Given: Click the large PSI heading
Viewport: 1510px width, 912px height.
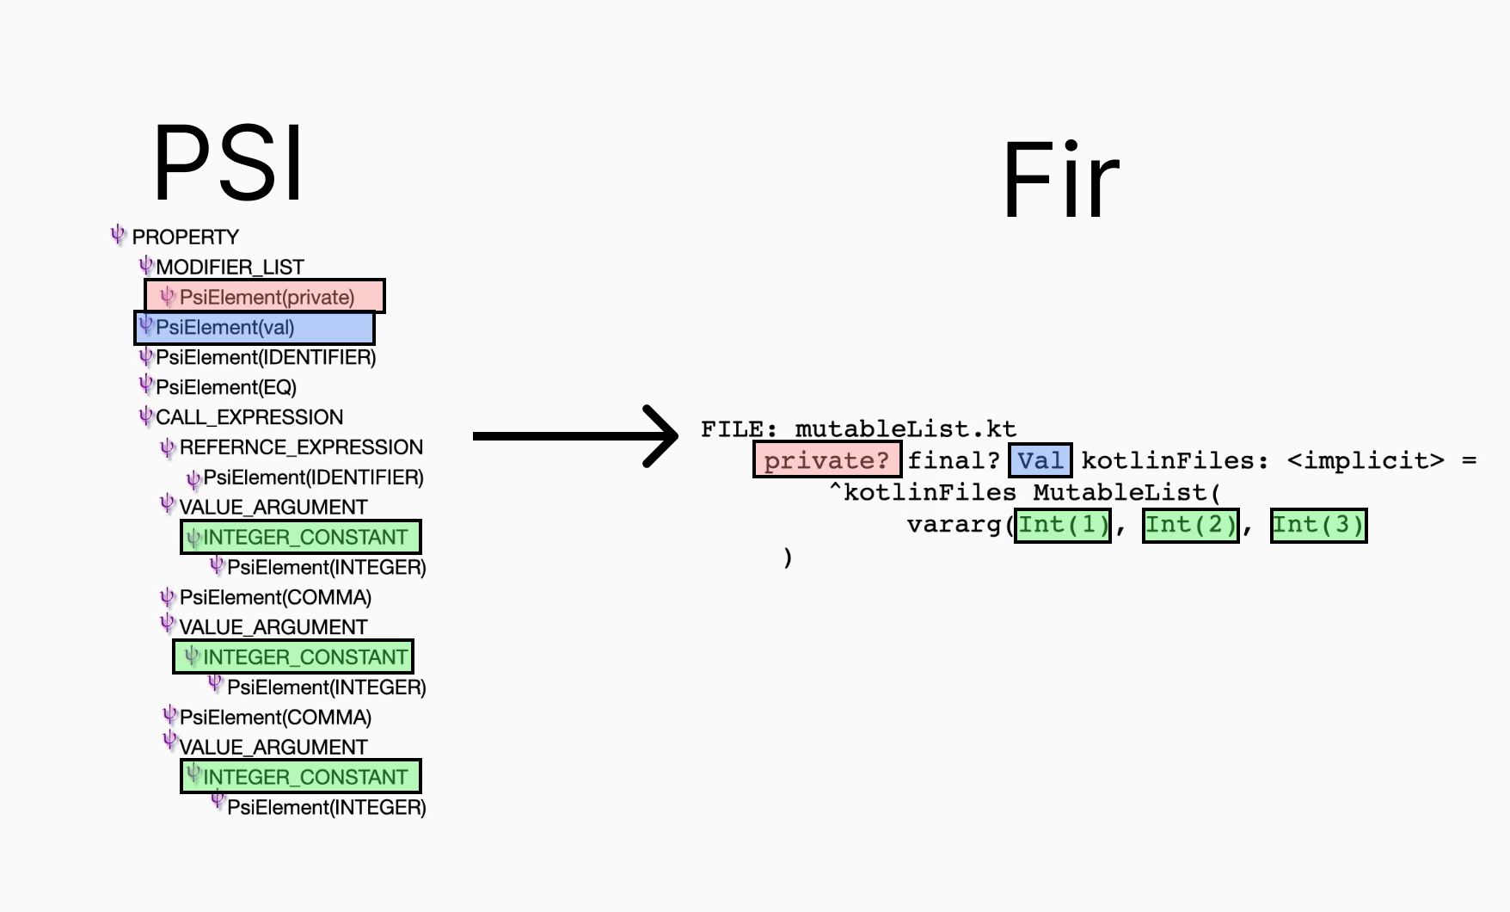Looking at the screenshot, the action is (228, 163).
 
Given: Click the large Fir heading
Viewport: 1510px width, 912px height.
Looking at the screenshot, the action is (1061, 181).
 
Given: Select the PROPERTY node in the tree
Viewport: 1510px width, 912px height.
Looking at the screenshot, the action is (185, 237).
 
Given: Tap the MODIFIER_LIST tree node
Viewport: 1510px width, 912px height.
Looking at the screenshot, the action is (230, 267).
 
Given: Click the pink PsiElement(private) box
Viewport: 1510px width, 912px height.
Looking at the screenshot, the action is (264, 297).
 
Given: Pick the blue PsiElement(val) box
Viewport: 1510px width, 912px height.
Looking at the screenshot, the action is (255, 328).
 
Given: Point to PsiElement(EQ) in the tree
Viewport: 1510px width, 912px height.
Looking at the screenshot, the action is (226, 387).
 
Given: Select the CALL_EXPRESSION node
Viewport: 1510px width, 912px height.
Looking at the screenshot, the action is (249, 417).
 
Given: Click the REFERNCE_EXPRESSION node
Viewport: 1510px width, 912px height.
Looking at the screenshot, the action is (301, 447).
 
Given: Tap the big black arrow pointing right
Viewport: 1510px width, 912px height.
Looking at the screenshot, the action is (575, 436).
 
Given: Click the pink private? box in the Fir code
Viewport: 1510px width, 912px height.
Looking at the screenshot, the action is (827, 459).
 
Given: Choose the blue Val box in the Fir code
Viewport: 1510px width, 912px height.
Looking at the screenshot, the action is (1040, 459).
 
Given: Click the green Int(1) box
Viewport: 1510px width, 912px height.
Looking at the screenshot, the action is (1063, 525).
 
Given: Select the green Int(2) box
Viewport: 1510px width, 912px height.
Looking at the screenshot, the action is (1191, 525).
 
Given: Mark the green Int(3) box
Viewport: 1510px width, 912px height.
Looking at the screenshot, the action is (1319, 525).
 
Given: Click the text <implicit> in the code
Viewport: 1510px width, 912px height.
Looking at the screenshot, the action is (1366, 460).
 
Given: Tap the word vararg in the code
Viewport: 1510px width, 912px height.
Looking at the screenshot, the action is (954, 525).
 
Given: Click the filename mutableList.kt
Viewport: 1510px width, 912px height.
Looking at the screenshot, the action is (905, 428).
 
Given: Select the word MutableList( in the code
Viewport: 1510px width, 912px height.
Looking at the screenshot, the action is (1126, 493).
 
